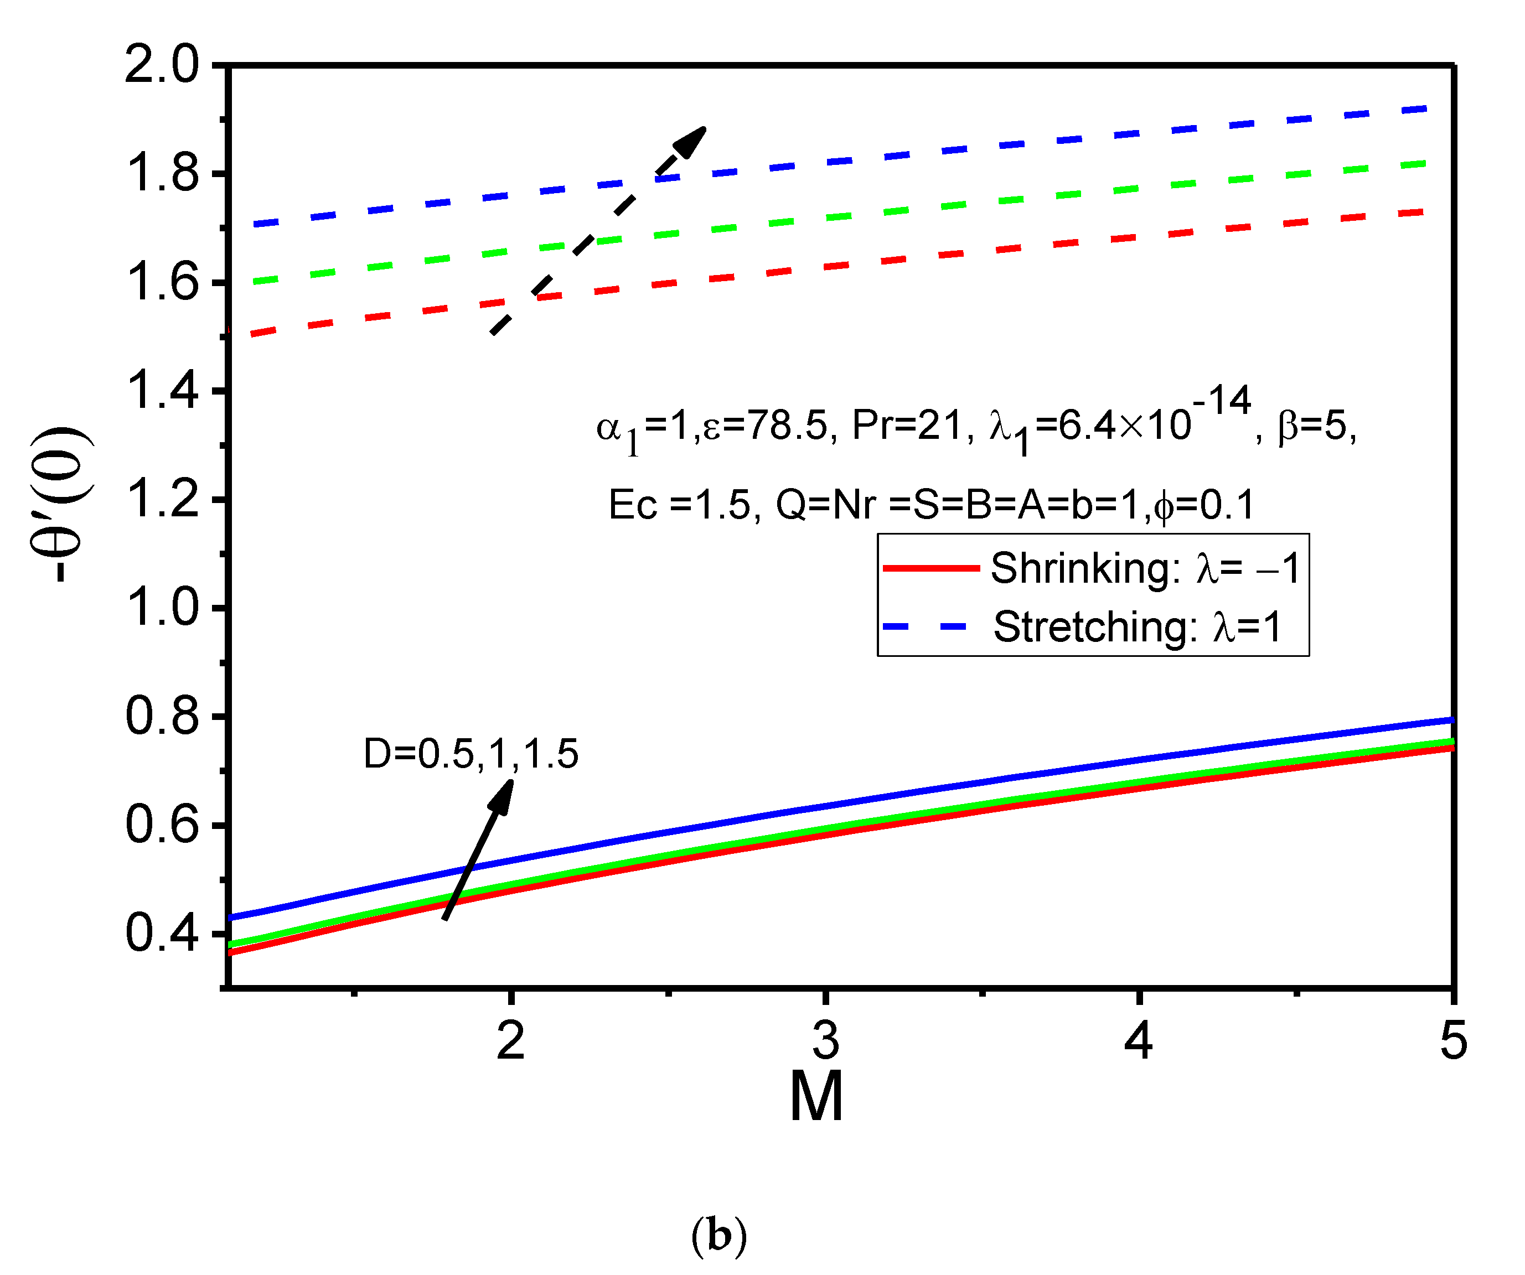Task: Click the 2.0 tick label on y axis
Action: click(x=161, y=65)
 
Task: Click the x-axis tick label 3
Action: click(x=826, y=1040)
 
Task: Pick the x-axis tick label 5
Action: click(x=1453, y=1040)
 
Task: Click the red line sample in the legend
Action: click(x=931, y=568)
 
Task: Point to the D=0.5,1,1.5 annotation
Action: click(x=471, y=754)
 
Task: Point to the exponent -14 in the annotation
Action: click(x=1222, y=400)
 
